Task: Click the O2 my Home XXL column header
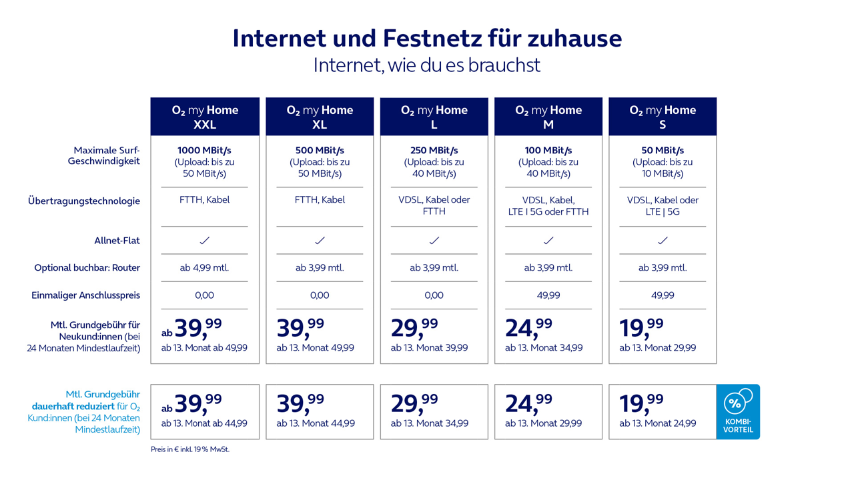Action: [x=205, y=117]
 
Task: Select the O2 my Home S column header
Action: [x=663, y=117]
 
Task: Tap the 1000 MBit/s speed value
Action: [x=205, y=150]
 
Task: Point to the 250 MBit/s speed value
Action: [x=434, y=150]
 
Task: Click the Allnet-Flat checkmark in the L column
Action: [x=434, y=240]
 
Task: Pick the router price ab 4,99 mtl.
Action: [x=204, y=268]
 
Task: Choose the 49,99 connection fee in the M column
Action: [x=548, y=295]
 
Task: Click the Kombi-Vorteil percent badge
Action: [x=737, y=411]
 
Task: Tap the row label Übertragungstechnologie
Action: [x=84, y=201]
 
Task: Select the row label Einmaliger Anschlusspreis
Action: [x=86, y=295]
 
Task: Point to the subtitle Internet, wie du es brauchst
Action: [x=427, y=65]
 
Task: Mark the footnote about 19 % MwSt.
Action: [x=190, y=449]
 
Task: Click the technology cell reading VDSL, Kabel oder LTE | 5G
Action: [x=663, y=205]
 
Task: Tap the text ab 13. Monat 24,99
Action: [x=658, y=423]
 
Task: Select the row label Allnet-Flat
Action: [x=117, y=241]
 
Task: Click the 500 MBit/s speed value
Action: [x=320, y=150]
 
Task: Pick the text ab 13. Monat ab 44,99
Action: [x=204, y=423]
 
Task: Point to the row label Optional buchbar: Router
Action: [x=87, y=268]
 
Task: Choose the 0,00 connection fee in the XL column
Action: [x=320, y=295]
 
